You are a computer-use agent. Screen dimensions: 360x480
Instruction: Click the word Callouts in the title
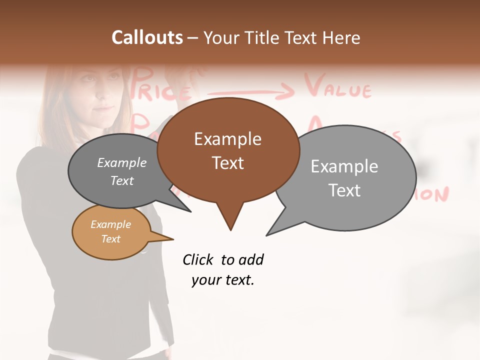[147, 37]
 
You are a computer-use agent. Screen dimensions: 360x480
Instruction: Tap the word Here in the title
[341, 37]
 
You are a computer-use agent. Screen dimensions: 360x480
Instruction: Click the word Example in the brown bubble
[227, 139]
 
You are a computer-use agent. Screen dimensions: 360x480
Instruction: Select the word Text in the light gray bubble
[344, 190]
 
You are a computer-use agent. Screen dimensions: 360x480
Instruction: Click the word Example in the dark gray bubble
[121, 163]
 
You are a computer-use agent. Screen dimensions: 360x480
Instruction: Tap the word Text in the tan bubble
[110, 239]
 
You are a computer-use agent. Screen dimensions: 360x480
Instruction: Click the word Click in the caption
[198, 259]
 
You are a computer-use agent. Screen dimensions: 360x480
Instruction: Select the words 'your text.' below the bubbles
[223, 280]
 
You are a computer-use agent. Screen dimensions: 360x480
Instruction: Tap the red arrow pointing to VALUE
[250, 91]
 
